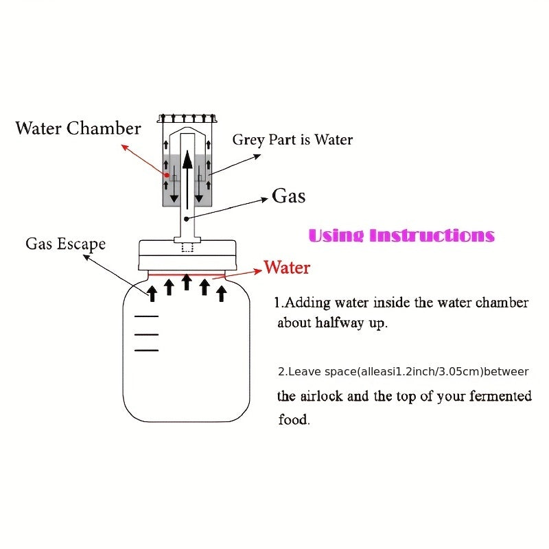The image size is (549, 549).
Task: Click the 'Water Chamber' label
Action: pyautogui.click(x=78, y=128)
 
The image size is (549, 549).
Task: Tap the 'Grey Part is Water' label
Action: pyautogui.click(x=292, y=140)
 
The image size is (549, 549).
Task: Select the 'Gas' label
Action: pyautogui.click(x=289, y=196)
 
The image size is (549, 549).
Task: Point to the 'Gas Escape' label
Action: pyautogui.click(x=66, y=244)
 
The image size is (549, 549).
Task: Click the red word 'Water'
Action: pyautogui.click(x=287, y=267)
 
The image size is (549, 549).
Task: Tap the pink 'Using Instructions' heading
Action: pyautogui.click(x=401, y=235)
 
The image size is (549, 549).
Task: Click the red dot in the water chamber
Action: pyautogui.click(x=165, y=174)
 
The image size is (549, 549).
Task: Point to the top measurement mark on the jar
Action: pyautogui.click(x=146, y=317)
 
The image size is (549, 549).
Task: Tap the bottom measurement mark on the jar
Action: pyautogui.click(x=146, y=350)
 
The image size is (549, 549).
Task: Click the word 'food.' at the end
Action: pyautogui.click(x=294, y=420)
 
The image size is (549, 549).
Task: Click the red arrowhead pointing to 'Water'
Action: pyautogui.click(x=259, y=268)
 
